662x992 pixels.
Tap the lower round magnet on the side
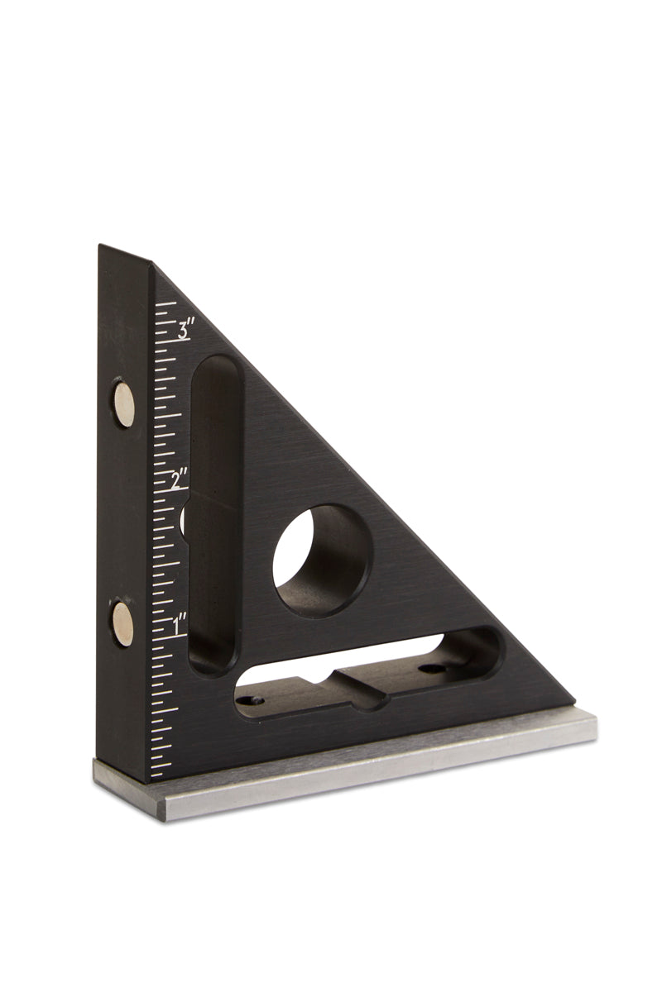123,622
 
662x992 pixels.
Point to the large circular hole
321,560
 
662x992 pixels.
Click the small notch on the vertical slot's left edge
184,521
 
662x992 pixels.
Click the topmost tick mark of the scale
165,305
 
